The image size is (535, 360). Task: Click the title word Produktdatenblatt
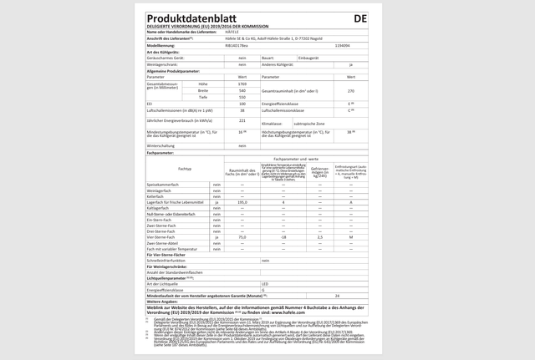point(188,18)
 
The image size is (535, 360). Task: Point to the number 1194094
point(341,46)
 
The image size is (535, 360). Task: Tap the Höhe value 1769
point(242,84)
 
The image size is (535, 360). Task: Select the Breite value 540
point(242,90)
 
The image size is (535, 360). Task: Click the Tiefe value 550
point(242,97)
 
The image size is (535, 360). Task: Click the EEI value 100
point(242,104)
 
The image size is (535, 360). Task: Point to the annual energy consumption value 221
point(242,120)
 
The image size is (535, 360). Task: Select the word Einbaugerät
point(309,57)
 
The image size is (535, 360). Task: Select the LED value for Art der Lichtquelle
point(264,284)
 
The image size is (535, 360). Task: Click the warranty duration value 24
point(337,296)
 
